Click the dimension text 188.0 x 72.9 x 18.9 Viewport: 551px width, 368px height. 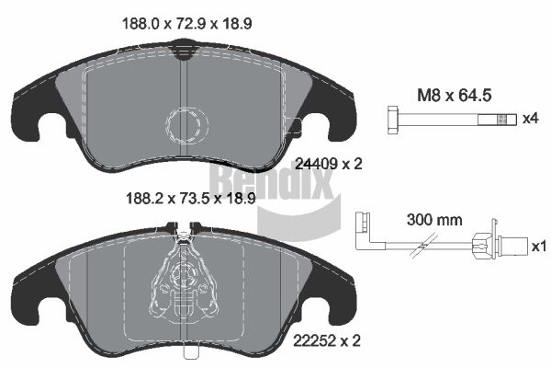click(186, 24)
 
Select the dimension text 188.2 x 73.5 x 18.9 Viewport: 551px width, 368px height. click(190, 199)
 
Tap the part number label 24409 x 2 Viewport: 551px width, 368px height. click(329, 164)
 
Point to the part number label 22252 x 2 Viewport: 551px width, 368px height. click(327, 340)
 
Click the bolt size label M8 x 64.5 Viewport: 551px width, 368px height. click(454, 96)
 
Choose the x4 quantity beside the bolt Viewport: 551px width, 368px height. click(530, 119)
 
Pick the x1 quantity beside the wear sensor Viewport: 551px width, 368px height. click(539, 247)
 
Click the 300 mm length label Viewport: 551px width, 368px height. click(434, 220)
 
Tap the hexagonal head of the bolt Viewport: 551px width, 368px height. click(394, 120)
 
